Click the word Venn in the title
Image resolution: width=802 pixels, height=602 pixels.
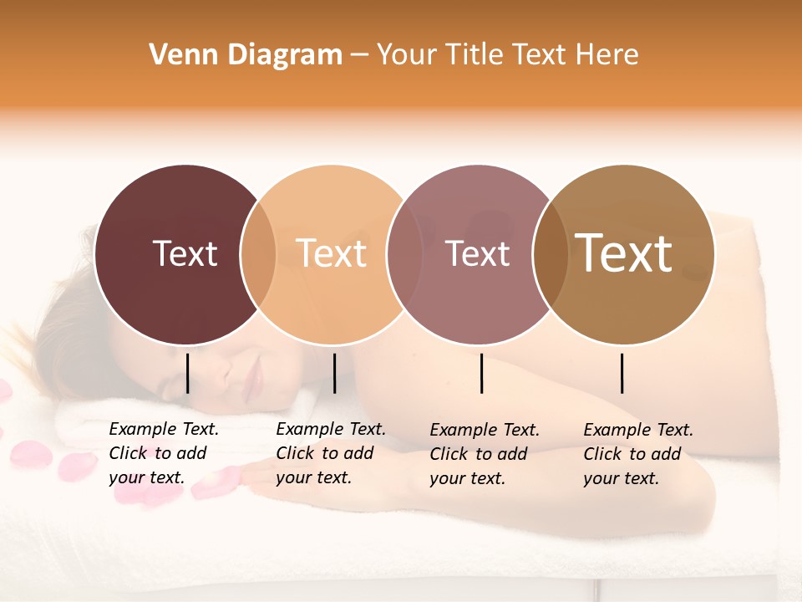(177, 55)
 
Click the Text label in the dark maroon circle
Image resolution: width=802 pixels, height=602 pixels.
(185, 253)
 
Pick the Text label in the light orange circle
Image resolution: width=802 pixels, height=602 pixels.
(332, 253)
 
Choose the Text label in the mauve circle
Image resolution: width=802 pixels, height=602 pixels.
(477, 253)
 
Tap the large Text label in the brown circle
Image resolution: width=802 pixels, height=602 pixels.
(624, 253)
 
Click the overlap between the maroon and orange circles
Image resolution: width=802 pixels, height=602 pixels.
(258, 254)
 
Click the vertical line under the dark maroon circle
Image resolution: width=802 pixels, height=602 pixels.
(188, 373)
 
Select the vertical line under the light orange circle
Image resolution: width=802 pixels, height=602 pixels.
(334, 373)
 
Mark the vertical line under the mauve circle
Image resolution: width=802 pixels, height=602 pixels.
(482, 373)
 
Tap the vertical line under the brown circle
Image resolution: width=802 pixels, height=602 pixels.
(622, 373)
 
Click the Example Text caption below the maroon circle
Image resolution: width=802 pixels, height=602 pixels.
(163, 453)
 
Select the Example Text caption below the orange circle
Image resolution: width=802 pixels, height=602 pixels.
(330, 453)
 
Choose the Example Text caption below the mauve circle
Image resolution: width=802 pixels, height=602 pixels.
(484, 454)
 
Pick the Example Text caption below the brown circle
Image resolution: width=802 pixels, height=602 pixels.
(637, 454)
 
